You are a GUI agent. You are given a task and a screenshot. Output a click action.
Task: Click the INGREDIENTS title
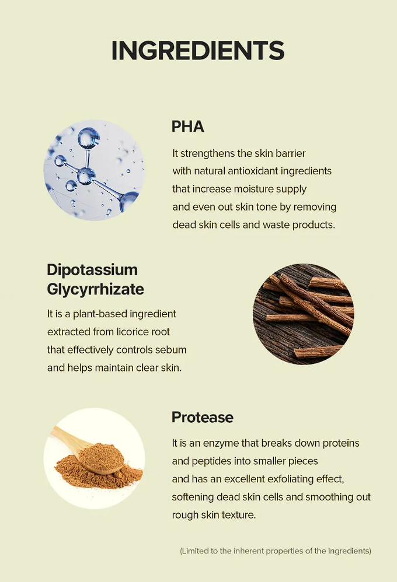[x=198, y=51]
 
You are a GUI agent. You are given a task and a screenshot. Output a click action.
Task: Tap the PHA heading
[x=188, y=127]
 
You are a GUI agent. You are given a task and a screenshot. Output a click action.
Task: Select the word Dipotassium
[x=92, y=270]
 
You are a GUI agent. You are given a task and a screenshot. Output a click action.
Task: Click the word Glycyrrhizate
[x=96, y=289]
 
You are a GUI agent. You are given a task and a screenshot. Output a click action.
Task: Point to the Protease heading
[x=203, y=417]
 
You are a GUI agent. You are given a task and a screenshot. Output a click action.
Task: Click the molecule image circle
[x=94, y=170]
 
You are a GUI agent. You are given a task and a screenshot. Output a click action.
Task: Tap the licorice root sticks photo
[x=304, y=314]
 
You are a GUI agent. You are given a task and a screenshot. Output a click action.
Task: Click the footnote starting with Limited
[x=276, y=551]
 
